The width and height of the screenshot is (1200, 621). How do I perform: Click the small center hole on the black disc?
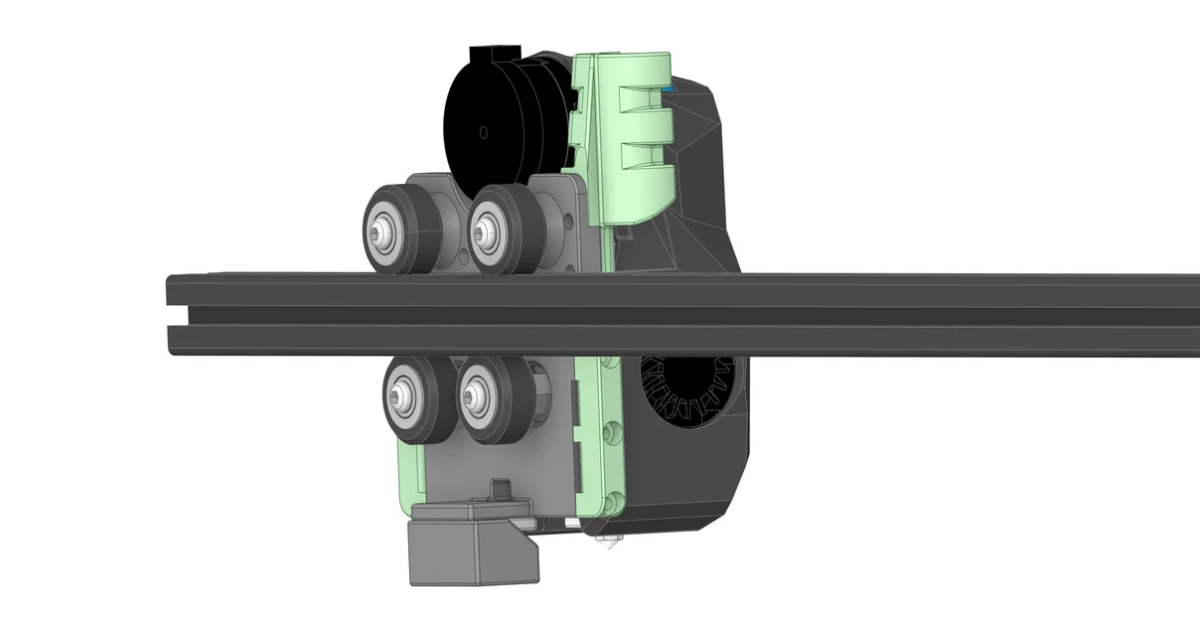pos(483,131)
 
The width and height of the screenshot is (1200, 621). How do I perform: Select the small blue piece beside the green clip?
pos(675,89)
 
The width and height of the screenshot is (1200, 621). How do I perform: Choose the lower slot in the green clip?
pos(641,156)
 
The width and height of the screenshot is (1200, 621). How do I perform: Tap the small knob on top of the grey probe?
pos(500,487)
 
